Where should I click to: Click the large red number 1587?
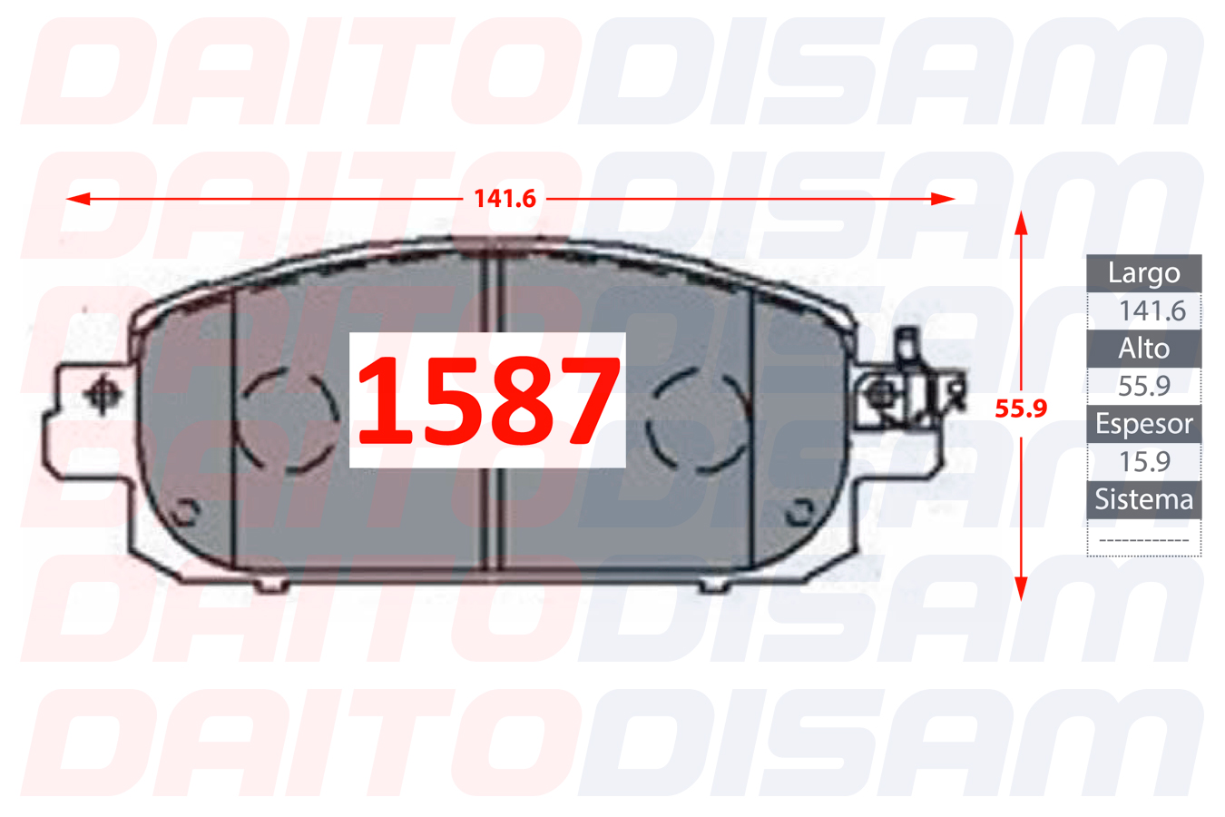point(488,400)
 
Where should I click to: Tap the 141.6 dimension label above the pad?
point(505,199)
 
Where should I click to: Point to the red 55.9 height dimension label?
point(1021,408)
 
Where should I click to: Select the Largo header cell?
point(1143,273)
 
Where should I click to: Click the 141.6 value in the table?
point(1151,310)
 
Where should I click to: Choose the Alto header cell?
point(1143,349)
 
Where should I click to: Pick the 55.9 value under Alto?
point(1143,386)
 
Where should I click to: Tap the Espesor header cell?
point(1143,424)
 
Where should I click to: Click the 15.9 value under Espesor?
point(1144,461)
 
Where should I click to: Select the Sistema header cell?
point(1143,499)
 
